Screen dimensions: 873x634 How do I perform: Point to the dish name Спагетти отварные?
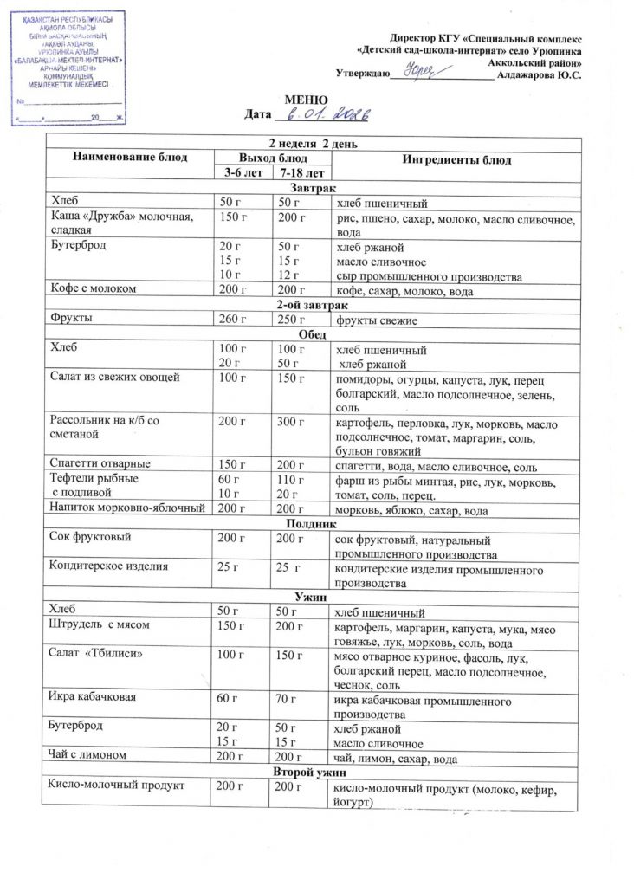101,462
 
